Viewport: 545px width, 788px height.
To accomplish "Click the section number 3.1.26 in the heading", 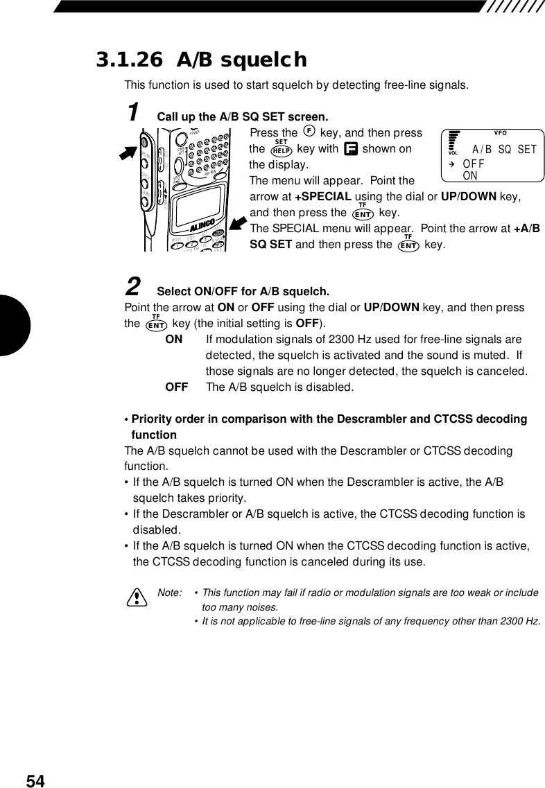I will coord(131,60).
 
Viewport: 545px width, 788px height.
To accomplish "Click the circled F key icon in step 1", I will coord(309,132).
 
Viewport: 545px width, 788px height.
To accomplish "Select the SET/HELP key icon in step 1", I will coord(281,149).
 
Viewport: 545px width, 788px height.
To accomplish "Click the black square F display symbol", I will coord(350,149).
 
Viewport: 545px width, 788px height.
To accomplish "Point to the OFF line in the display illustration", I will coord(474,164).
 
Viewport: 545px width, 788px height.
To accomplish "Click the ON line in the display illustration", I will coord(470,175).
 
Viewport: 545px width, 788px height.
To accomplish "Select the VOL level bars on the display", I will coord(454,141).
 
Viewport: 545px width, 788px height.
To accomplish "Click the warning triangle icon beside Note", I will coord(137,596).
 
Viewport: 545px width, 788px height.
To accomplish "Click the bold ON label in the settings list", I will coord(174,340).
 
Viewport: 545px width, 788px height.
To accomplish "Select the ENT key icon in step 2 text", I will coord(157,324).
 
